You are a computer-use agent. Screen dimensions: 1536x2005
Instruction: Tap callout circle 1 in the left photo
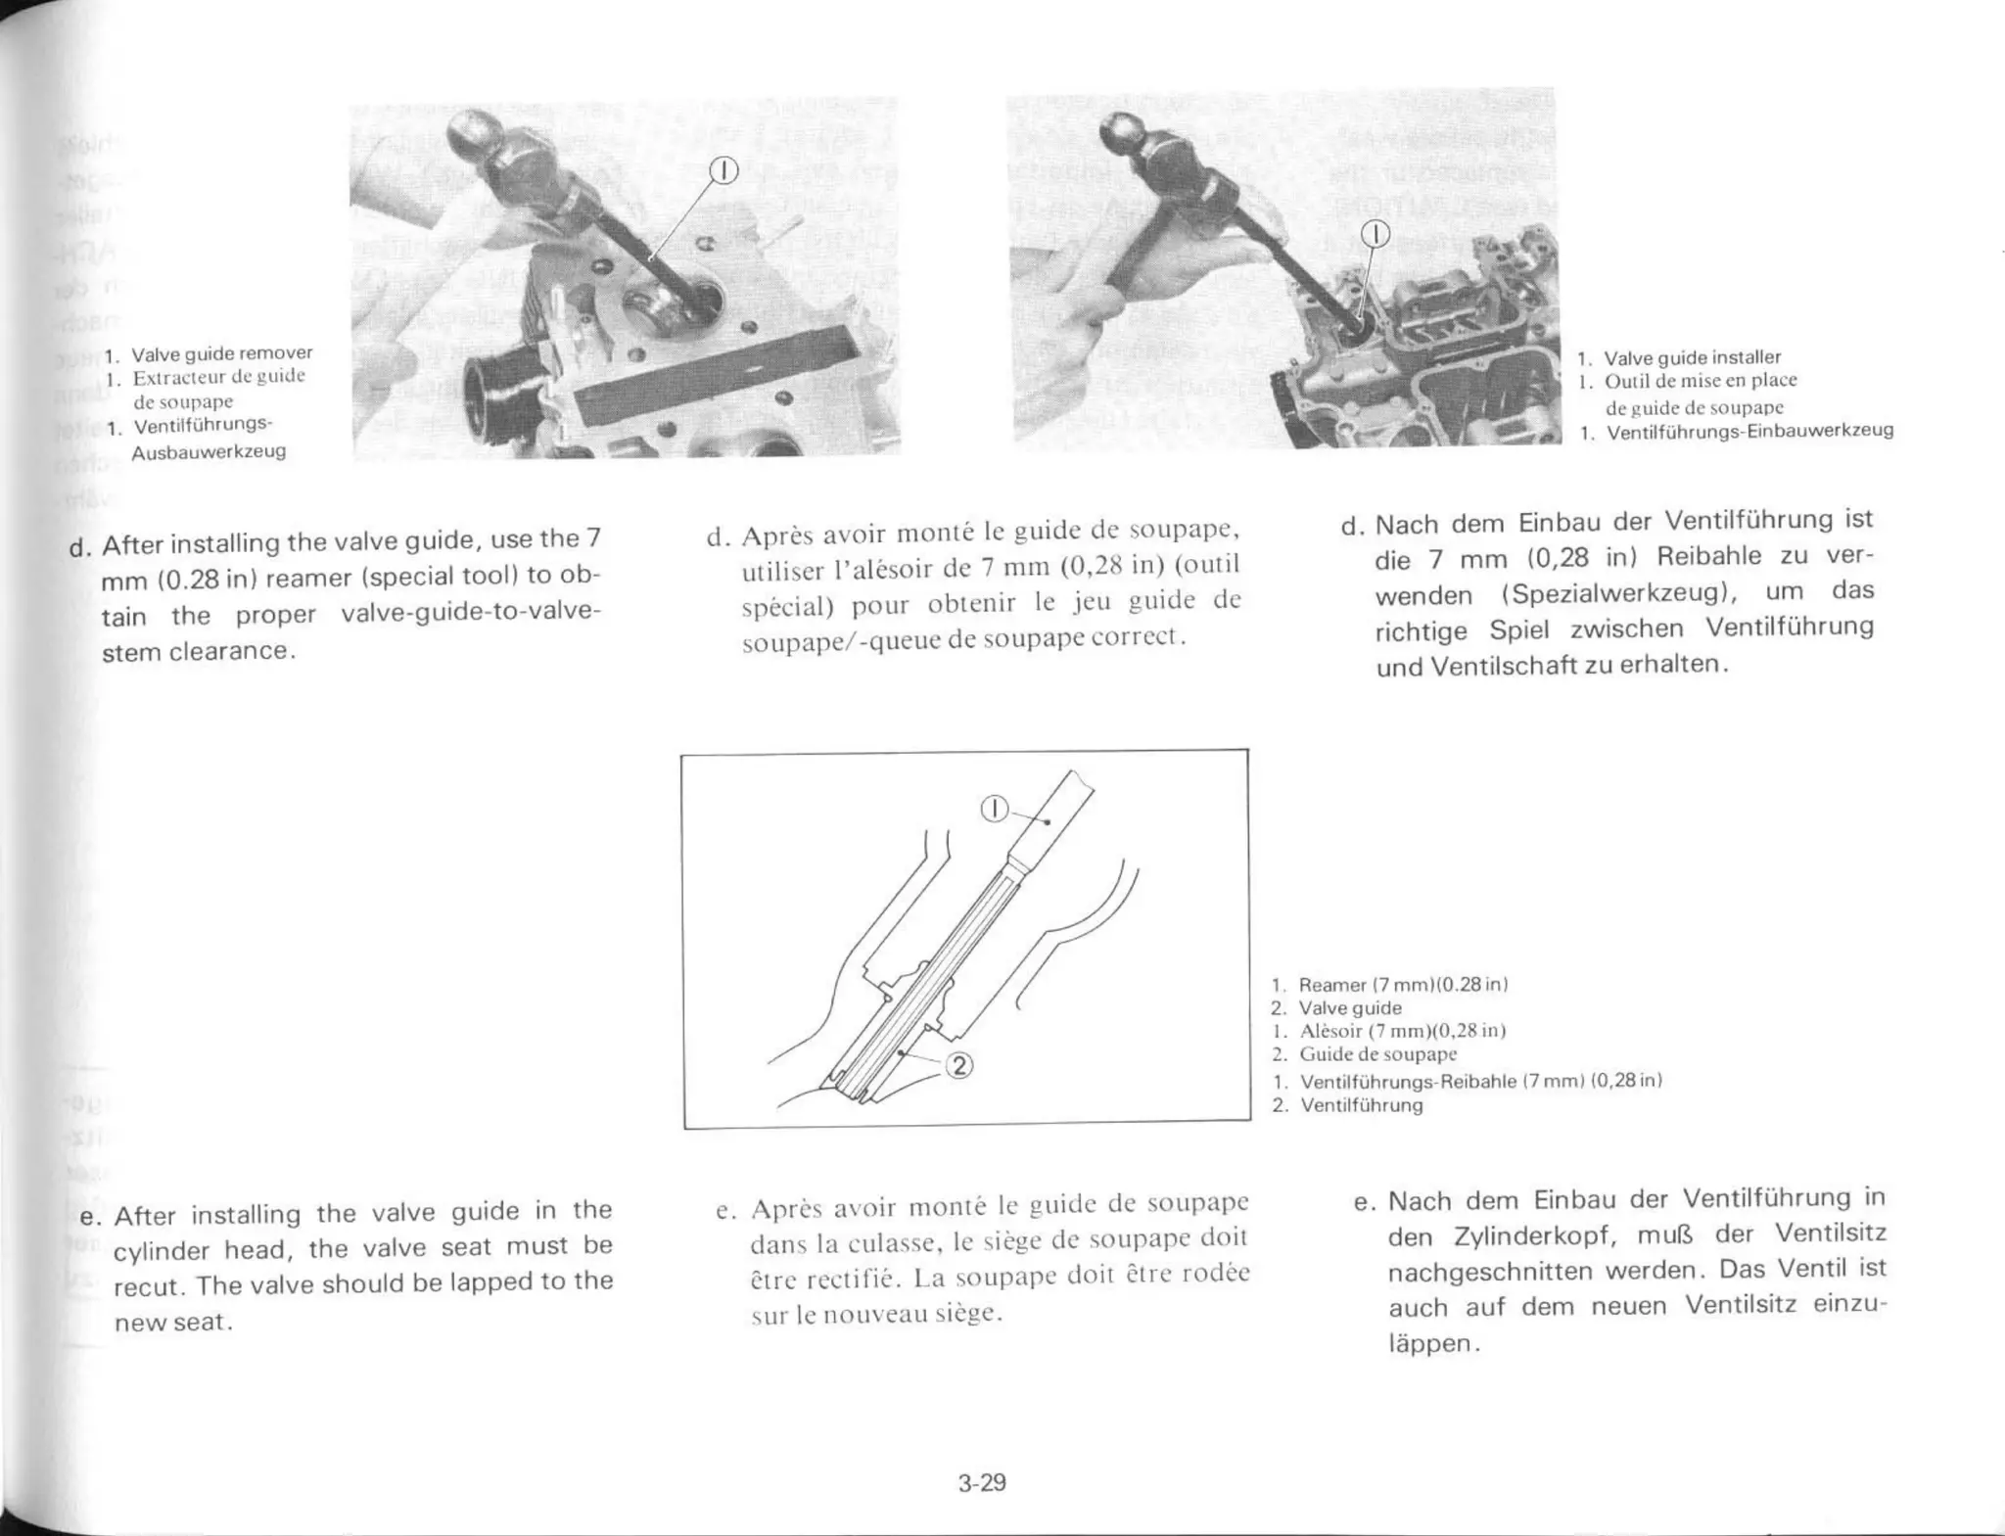pos(723,170)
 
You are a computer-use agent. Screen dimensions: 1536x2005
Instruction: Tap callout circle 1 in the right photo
pos(1376,233)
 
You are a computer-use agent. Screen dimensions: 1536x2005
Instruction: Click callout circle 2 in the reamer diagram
pos(959,1066)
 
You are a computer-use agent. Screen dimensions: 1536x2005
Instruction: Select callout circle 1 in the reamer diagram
pos(995,809)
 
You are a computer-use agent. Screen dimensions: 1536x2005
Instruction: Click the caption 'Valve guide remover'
pos(221,352)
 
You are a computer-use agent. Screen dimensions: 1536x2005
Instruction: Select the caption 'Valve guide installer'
pos(1692,357)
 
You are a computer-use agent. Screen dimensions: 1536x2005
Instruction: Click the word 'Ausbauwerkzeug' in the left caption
pos(209,452)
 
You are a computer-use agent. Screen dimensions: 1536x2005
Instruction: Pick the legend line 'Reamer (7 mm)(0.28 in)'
pos(1402,985)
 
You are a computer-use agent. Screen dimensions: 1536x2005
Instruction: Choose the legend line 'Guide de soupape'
pos(1377,1054)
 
